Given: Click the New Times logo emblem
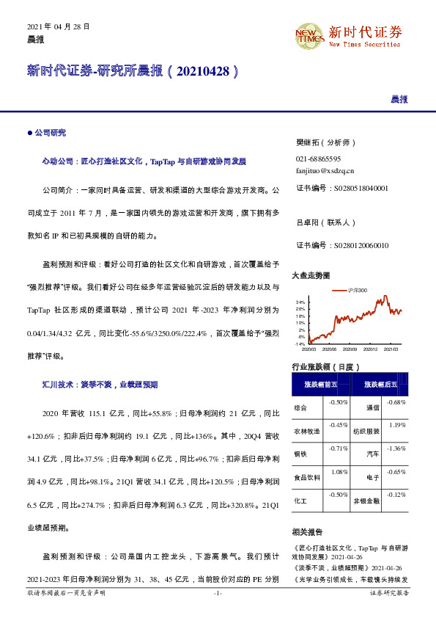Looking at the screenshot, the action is tap(308, 34).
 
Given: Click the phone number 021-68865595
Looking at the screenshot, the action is tap(318, 159).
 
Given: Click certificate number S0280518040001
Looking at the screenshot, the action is tap(341, 189).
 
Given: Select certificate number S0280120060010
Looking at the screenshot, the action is tap(341, 245).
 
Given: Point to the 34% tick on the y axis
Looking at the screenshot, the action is tap(300, 302).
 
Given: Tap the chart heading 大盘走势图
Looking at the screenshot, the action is tap(311, 275).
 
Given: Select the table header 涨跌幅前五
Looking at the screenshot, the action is tap(321, 384).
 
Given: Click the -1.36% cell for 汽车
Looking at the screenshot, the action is tap(396, 448).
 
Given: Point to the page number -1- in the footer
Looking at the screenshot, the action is tap(218, 592).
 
